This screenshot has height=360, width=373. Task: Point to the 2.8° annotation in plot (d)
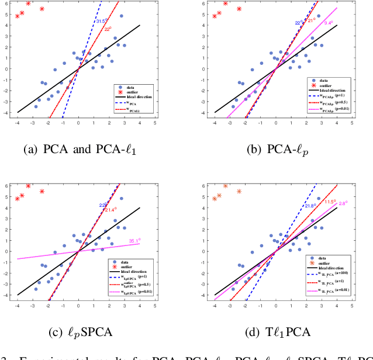pos(343,203)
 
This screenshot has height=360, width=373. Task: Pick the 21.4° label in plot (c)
pos(110,210)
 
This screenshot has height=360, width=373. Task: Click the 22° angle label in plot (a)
pos(108,29)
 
